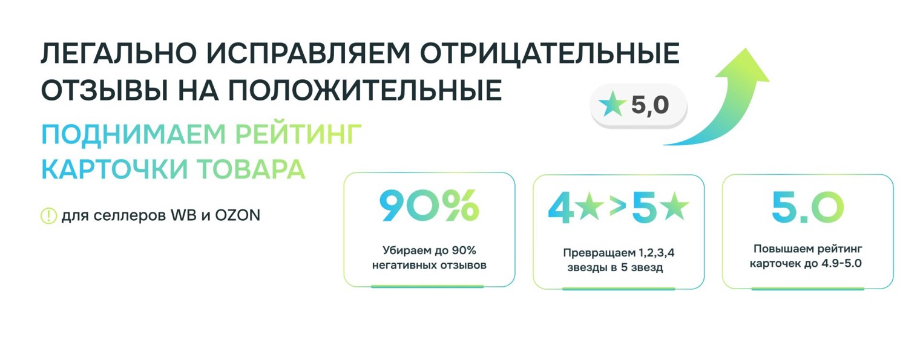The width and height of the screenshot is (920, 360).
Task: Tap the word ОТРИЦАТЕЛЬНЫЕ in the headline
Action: (x=549, y=54)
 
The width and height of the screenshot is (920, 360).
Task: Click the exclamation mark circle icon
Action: (x=48, y=215)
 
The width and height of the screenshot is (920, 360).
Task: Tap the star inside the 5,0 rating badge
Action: (x=611, y=106)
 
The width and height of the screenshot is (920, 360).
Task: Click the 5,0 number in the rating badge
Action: (x=649, y=106)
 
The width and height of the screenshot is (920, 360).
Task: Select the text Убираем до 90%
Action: (x=429, y=250)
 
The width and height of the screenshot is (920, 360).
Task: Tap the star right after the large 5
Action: (x=674, y=207)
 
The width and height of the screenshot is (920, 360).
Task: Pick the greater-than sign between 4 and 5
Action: (x=617, y=208)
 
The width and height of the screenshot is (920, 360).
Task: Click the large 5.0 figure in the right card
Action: (x=807, y=207)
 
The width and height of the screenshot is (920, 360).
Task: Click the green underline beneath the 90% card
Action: (x=427, y=286)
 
